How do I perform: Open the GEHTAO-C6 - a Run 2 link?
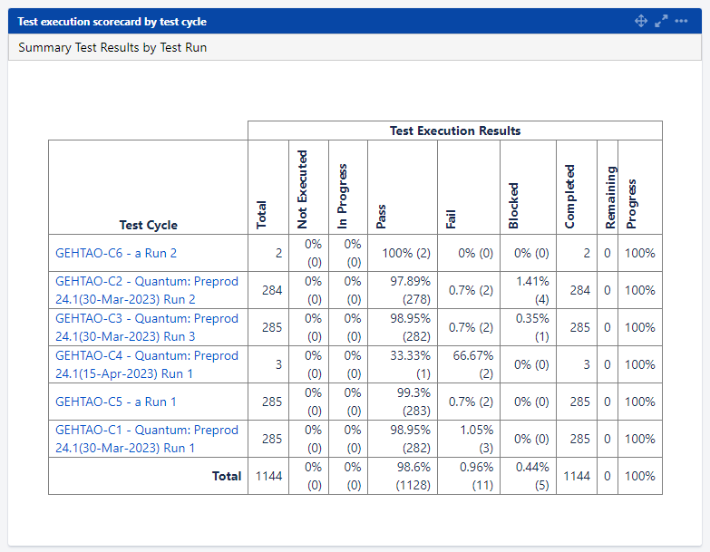(116, 254)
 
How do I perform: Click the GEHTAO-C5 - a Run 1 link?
(116, 402)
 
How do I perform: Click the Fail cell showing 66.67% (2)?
(468, 364)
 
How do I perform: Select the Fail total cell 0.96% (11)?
(468, 476)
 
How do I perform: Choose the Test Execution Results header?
(455, 131)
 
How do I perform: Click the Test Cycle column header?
(149, 225)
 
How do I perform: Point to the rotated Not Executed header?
(303, 189)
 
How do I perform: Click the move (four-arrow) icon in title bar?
(640, 21)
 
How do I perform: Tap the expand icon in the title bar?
(661, 21)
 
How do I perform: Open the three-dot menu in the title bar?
(682, 21)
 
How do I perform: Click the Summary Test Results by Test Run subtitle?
(112, 47)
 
